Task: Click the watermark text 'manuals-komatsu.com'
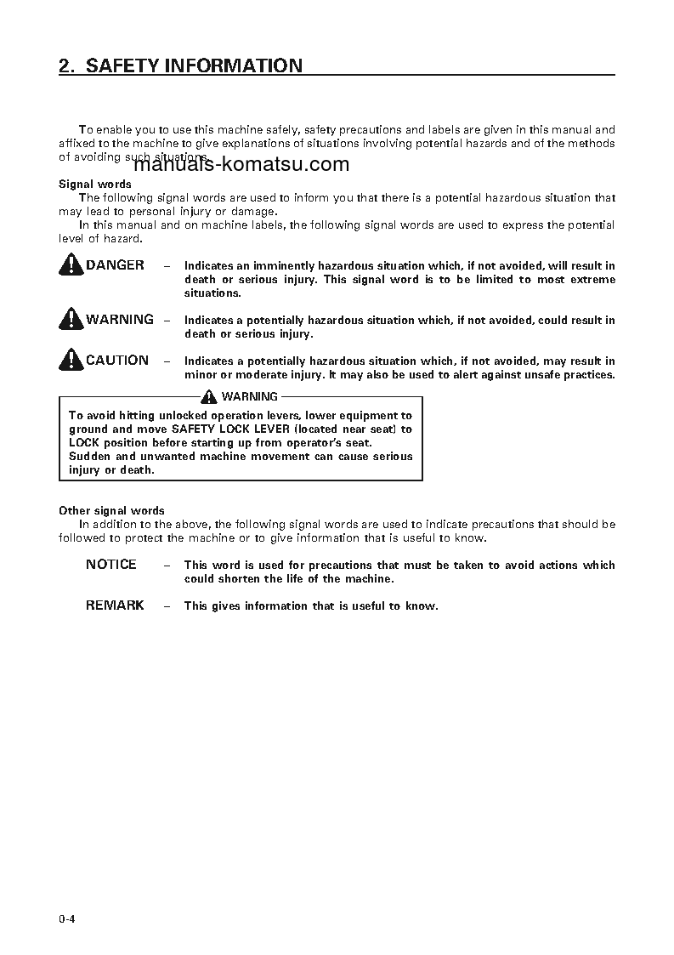click(241, 165)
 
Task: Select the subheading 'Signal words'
click(94, 184)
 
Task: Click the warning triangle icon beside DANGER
click(71, 266)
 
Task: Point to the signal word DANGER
click(115, 265)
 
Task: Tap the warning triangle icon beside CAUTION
click(71, 361)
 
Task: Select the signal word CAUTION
click(117, 361)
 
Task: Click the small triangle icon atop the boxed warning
click(210, 397)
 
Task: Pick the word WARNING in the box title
click(249, 397)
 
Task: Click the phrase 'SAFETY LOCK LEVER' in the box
click(230, 429)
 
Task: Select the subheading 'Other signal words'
click(111, 511)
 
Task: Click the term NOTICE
click(110, 565)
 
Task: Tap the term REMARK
click(115, 605)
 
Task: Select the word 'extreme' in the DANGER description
click(593, 280)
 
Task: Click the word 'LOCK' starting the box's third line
click(83, 443)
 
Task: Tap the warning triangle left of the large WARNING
click(71, 321)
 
